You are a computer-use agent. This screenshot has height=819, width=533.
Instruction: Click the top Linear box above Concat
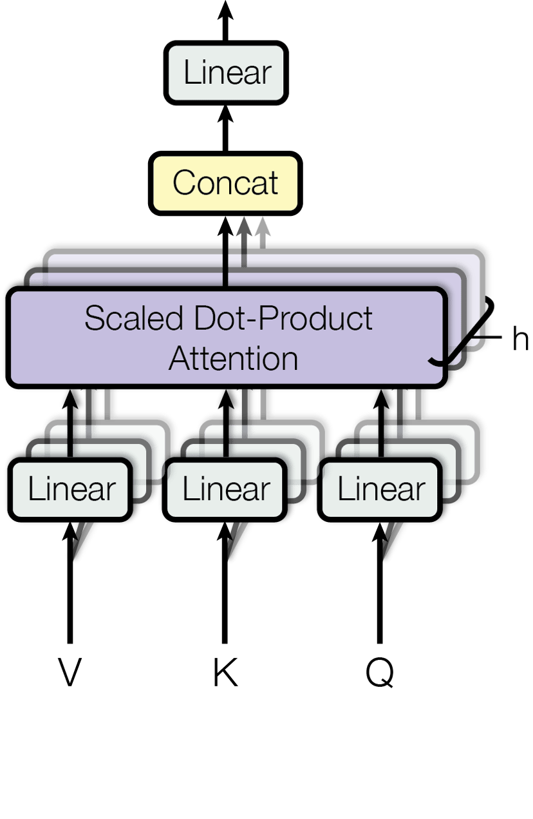226,72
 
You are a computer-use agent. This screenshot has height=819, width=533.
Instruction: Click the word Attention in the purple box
233,358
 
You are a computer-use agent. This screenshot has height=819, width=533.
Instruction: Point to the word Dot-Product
283,318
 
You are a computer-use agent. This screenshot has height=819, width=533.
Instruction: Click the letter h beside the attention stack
520,340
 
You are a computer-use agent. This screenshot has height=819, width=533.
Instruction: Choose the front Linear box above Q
381,489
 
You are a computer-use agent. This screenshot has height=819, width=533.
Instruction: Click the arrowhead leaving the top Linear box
225,9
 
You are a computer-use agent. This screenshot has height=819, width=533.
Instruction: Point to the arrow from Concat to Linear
225,129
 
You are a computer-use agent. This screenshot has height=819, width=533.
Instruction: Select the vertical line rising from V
70,599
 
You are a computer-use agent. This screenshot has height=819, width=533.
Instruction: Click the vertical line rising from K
225,599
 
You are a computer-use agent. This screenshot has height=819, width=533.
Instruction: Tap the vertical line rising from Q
379,599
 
